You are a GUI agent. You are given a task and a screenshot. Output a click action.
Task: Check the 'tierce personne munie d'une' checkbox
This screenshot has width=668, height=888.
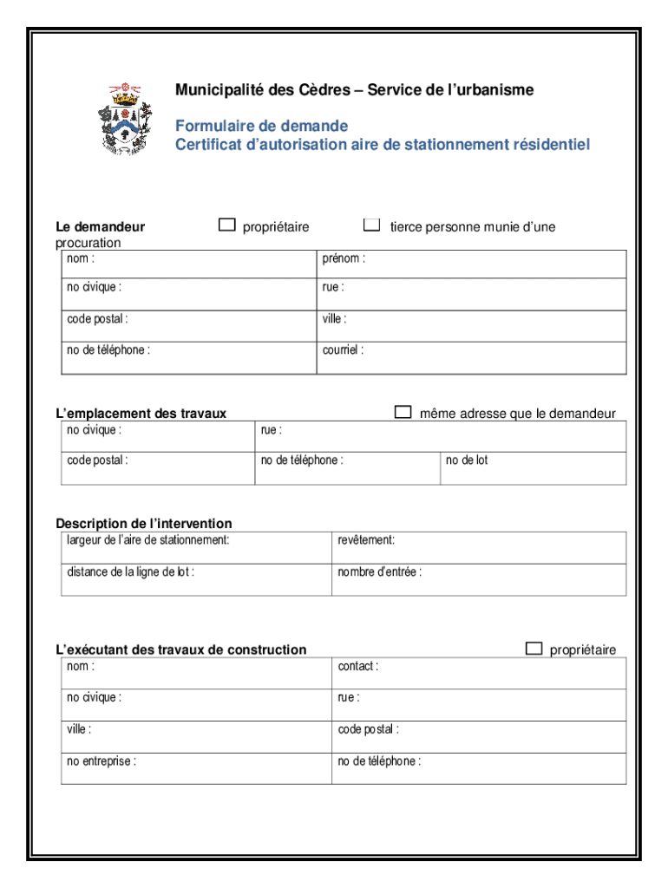pos(371,225)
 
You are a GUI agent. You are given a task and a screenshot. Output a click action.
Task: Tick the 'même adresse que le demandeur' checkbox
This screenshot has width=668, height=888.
pos(403,412)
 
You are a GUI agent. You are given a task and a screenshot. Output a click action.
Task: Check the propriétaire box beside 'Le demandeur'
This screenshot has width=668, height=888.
pos(226,225)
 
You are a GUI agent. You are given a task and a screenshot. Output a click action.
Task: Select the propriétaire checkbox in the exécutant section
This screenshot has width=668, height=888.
pos(534,649)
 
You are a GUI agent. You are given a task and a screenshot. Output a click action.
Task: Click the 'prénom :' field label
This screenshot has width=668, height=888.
pos(344,258)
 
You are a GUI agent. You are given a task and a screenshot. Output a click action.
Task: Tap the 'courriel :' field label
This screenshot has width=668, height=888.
pos(343,350)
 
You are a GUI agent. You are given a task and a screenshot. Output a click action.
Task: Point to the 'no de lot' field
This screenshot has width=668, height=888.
pos(467,460)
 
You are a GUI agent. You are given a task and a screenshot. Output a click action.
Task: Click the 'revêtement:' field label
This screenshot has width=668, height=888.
pos(366,540)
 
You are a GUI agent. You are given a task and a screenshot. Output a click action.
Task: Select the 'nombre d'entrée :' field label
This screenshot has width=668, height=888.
pos(380,572)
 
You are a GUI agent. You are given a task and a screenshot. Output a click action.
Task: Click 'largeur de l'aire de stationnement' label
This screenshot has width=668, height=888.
pos(148,540)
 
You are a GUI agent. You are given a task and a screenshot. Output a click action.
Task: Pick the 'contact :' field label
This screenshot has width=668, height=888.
pos(357,666)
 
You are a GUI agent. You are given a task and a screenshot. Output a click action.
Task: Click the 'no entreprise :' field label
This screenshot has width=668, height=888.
pos(102,761)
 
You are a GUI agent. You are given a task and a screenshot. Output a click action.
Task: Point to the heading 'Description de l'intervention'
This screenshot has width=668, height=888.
pos(144,524)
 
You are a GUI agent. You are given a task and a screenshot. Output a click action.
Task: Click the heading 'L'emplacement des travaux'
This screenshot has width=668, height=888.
pos(141,414)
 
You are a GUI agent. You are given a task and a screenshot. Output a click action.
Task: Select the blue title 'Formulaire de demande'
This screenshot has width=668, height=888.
pos(261,126)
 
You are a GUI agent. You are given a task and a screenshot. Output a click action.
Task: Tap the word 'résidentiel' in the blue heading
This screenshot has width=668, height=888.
pos(545,145)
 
